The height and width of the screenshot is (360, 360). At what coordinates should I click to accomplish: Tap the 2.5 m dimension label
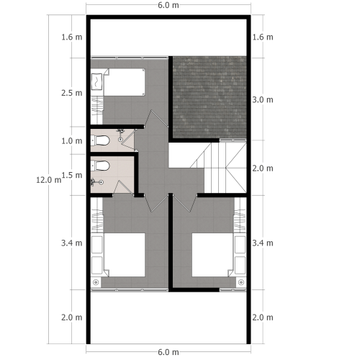pyautogui.click(x=71, y=94)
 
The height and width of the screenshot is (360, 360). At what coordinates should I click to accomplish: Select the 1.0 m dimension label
pyautogui.click(x=71, y=141)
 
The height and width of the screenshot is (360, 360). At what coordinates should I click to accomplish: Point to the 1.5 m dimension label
pyautogui.click(x=71, y=175)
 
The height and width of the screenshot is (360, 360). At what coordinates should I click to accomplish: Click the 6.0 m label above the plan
pyautogui.click(x=168, y=6)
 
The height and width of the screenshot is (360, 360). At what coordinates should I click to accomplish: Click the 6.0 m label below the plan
pyautogui.click(x=168, y=352)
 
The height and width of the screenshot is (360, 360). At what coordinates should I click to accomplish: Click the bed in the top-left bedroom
pyautogui.click(x=124, y=83)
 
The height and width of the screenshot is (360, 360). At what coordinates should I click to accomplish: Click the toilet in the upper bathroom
pyautogui.click(x=102, y=140)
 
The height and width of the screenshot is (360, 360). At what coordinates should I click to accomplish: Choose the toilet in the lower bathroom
pyautogui.click(x=101, y=166)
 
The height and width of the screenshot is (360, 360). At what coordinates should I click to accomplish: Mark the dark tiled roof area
pyautogui.click(x=210, y=96)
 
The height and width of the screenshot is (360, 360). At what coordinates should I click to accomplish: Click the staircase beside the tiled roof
pyautogui.click(x=223, y=167)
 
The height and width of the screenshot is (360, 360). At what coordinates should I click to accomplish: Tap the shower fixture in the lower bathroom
pyautogui.click(x=94, y=182)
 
